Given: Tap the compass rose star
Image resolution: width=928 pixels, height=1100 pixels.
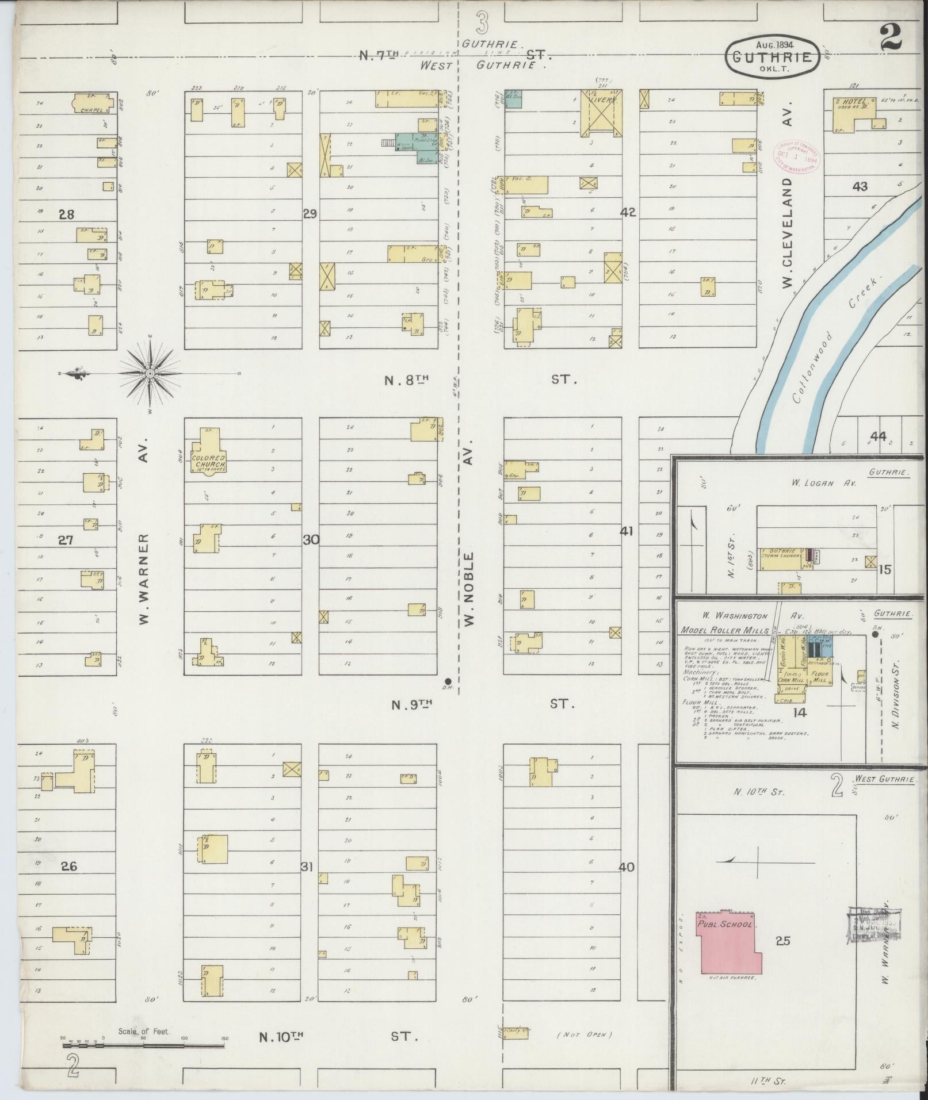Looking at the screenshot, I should [150, 374].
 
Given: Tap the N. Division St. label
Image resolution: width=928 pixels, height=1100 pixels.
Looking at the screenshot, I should [895, 693].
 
